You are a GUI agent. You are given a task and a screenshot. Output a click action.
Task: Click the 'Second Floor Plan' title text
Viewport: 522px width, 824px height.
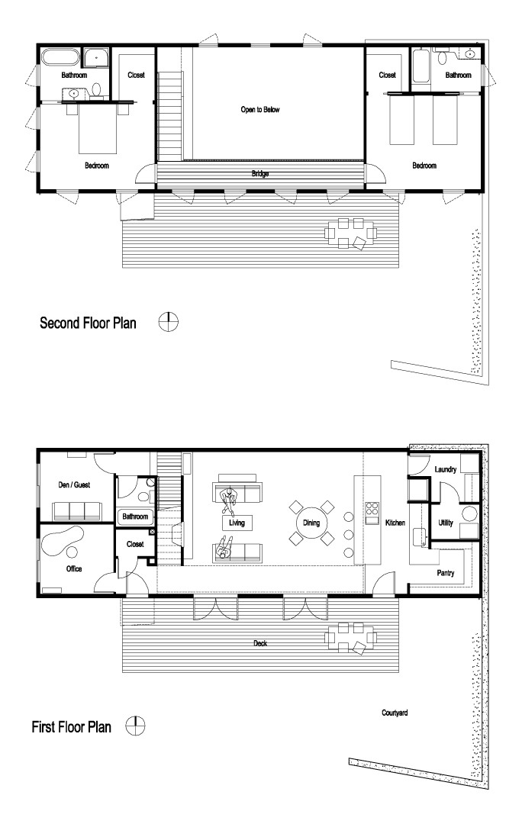pos(88,323)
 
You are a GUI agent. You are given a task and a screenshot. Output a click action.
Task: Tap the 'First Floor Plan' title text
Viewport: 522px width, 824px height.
pos(71,727)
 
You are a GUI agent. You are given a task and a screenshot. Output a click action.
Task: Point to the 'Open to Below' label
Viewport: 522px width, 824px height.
pos(260,110)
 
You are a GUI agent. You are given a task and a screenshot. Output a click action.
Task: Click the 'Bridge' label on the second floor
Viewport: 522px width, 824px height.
pos(260,173)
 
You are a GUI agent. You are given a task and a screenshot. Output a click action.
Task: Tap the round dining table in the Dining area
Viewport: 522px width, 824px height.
pos(310,523)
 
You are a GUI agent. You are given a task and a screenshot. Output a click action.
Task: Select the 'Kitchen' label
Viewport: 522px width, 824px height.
pos(395,523)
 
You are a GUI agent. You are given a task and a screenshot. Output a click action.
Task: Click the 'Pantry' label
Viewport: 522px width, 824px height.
pos(446,571)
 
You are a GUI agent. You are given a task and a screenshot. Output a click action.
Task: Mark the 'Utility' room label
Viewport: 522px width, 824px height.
pos(446,523)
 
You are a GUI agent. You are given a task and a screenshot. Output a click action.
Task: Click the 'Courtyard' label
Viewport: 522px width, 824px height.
pos(395,713)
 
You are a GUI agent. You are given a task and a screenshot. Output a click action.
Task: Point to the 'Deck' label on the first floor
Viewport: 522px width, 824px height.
pos(260,643)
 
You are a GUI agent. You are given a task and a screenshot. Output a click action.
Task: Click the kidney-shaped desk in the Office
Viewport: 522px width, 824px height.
pos(61,542)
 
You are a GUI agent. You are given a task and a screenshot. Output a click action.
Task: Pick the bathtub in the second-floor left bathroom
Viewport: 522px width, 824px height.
pos(58,58)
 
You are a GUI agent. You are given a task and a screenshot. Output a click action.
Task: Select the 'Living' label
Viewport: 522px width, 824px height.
pos(237,523)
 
